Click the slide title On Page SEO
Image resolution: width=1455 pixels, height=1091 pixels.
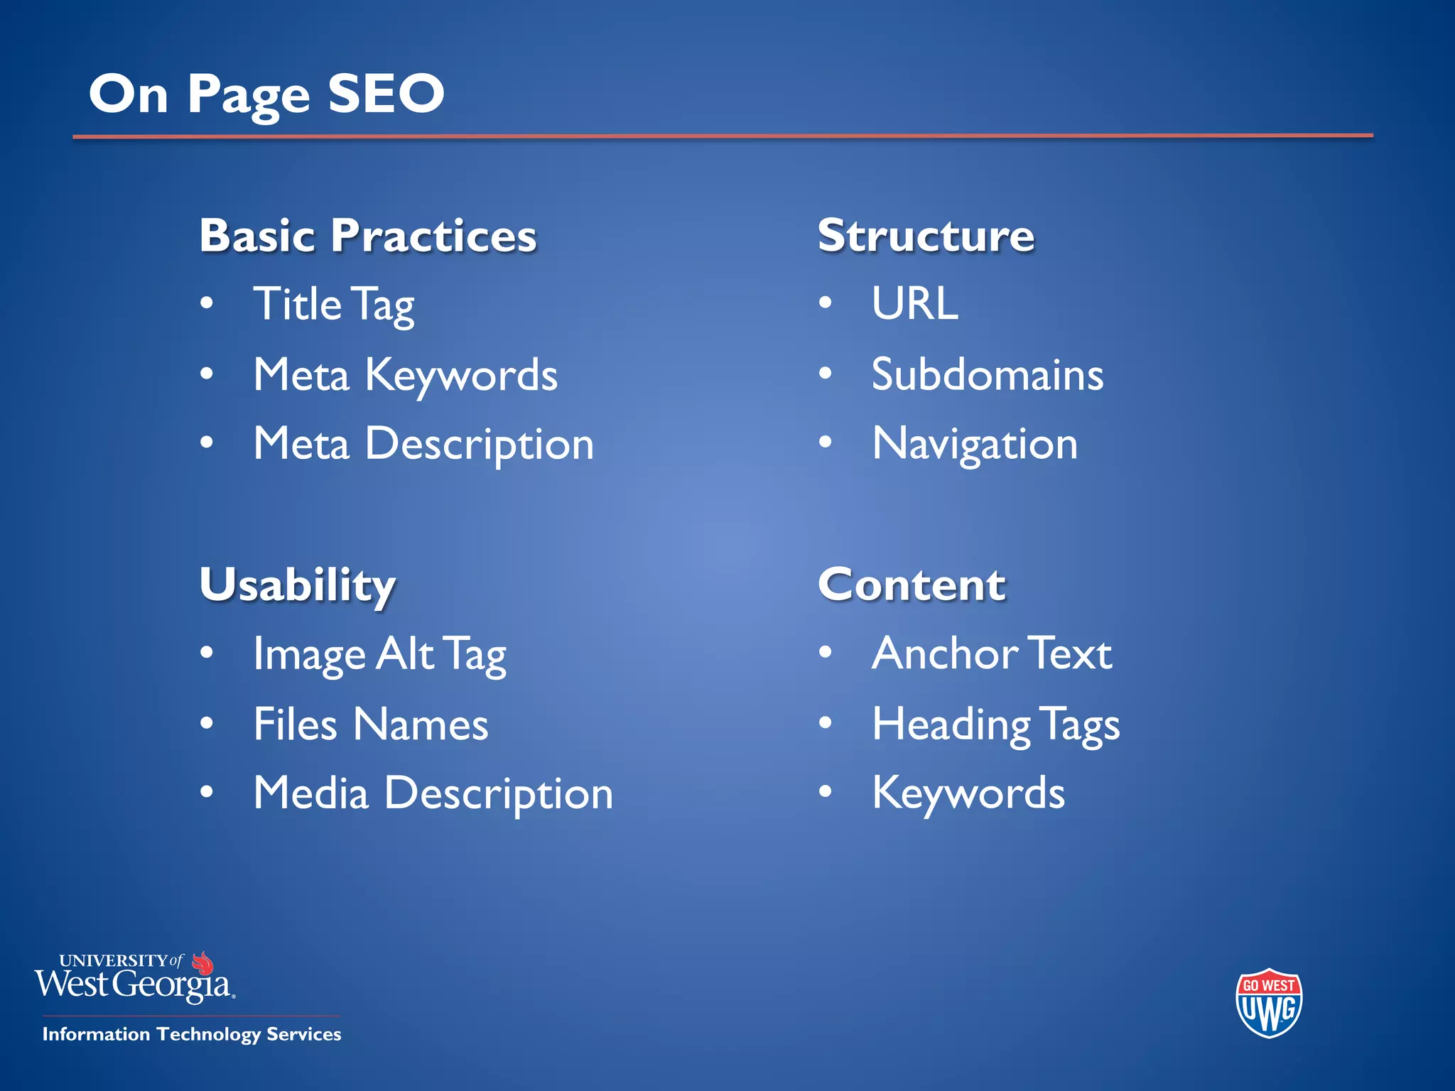tap(266, 94)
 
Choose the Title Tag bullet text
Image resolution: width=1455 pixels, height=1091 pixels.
tap(334, 305)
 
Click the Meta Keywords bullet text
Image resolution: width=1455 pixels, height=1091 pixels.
tap(406, 375)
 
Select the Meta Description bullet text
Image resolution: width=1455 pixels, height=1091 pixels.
tap(423, 445)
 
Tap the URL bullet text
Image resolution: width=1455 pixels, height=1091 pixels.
tap(915, 304)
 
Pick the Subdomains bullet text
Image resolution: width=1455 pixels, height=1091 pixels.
tap(988, 374)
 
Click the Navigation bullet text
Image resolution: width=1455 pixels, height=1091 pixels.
tap(975, 445)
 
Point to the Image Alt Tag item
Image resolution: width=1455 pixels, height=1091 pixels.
tap(380, 654)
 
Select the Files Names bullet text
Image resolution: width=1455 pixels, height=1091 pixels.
tap(371, 724)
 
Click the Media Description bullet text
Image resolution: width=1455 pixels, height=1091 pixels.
tap(433, 793)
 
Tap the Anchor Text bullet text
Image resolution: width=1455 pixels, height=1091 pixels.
tap(992, 653)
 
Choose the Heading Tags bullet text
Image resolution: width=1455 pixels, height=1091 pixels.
tap(996, 724)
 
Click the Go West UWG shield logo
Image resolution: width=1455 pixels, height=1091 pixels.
tap(1269, 1003)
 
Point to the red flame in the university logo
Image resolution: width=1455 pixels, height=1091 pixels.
tap(203, 963)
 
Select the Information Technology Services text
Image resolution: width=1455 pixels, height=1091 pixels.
tap(192, 1034)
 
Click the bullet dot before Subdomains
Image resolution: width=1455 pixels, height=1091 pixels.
tap(825, 373)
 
